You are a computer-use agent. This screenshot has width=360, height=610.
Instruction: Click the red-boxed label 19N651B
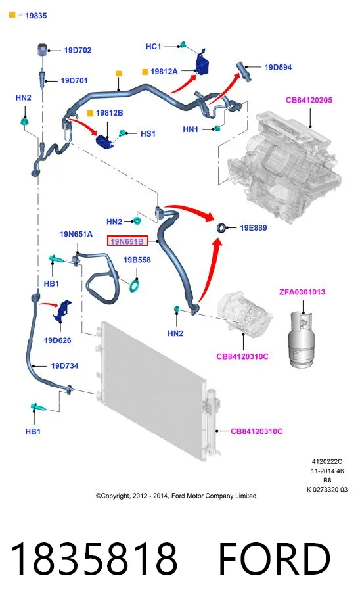pyautogui.click(x=127, y=241)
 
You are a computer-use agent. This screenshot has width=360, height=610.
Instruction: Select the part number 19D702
pyautogui.click(x=78, y=50)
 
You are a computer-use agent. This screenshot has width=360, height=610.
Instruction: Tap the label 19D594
pyautogui.click(x=278, y=67)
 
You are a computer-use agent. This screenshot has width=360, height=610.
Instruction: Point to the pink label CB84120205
pyautogui.click(x=309, y=100)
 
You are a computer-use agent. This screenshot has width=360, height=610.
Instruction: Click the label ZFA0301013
pyautogui.click(x=302, y=292)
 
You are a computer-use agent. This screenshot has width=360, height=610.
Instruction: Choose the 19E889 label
pyautogui.click(x=254, y=228)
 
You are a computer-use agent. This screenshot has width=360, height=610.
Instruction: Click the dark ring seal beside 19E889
pyautogui.click(x=221, y=228)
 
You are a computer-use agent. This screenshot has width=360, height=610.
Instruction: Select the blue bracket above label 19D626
pyautogui.click(x=63, y=310)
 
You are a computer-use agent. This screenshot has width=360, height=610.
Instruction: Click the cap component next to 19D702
pyautogui.click(x=43, y=51)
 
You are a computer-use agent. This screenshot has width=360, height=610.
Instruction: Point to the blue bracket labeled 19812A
pyautogui.click(x=202, y=62)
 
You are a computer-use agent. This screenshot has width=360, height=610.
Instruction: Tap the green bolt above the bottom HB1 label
pyautogui.click(x=37, y=408)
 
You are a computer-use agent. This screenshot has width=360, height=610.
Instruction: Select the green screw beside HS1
pyautogui.click(x=123, y=133)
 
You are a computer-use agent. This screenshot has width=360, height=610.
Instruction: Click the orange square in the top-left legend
pyautogui.click(x=12, y=15)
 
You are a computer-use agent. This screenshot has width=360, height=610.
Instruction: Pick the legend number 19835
pyautogui.click(x=35, y=16)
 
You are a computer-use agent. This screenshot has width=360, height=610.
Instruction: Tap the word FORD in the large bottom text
pyautogui.click(x=274, y=559)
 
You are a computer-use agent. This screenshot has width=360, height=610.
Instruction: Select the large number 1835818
pyautogui.click(x=94, y=559)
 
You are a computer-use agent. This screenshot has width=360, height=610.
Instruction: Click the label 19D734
pyautogui.click(x=64, y=366)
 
